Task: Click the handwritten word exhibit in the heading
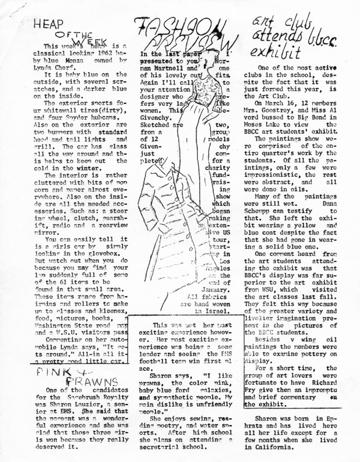277,54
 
